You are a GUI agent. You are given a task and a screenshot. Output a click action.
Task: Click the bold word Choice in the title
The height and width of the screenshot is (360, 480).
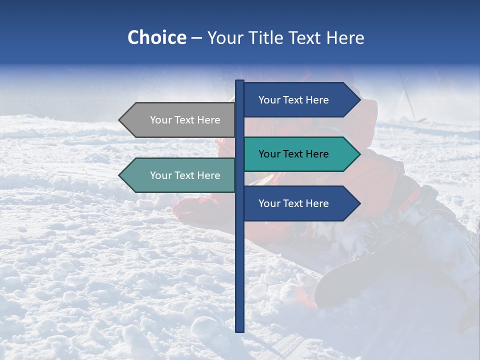156,38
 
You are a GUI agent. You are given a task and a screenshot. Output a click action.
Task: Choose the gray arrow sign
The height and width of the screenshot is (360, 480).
177,120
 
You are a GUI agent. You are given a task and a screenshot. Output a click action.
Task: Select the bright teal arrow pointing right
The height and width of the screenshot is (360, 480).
300,154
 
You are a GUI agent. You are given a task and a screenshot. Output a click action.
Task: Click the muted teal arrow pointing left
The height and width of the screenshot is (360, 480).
177,175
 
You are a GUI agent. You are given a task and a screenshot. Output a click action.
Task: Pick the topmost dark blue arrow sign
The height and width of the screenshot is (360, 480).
300,100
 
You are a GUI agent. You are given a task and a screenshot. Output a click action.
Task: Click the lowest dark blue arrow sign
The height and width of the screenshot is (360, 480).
300,203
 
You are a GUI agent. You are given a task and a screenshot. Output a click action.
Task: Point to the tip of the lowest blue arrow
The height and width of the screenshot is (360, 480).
359,203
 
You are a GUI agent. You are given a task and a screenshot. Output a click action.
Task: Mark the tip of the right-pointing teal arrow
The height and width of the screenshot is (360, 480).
359,154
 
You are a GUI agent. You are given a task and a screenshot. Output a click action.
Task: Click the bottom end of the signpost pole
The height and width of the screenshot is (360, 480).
239,330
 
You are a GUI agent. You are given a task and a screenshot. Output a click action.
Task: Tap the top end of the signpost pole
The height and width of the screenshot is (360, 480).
239,81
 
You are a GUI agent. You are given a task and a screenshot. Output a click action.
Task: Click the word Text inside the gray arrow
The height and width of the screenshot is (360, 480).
185,120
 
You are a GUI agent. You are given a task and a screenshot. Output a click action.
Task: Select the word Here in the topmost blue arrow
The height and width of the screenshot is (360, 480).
317,100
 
